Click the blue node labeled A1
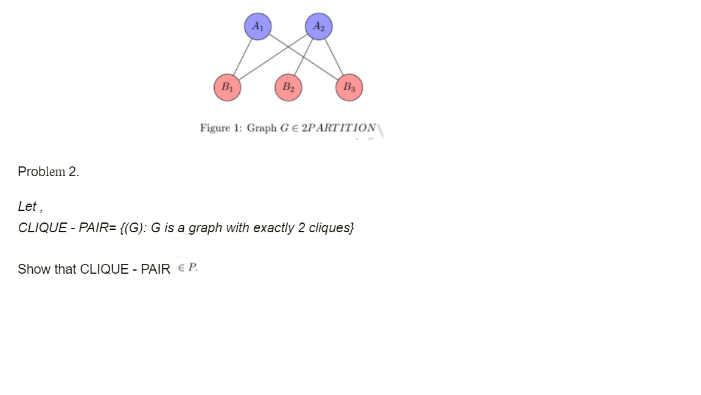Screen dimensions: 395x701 click(257, 27)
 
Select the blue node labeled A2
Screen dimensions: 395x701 click(318, 27)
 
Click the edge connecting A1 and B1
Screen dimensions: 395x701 click(242, 57)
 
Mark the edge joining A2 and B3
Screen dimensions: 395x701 click(333, 57)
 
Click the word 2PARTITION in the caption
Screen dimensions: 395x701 click(340, 128)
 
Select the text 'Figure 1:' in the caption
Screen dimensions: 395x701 click(220, 128)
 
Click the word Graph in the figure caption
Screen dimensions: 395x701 click(262, 128)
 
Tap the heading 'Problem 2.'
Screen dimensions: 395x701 click(49, 172)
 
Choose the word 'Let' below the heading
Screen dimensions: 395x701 click(27, 207)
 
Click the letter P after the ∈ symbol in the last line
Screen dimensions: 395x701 click(193, 268)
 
